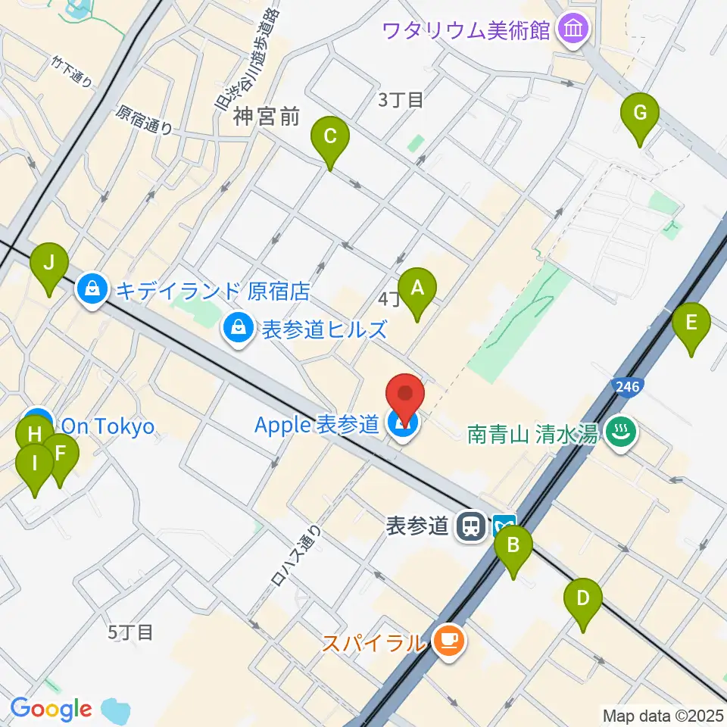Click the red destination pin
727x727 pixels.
(x=404, y=396)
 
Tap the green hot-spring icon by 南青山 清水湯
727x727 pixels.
(x=621, y=433)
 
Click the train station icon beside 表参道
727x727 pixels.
(x=474, y=525)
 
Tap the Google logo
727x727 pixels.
(x=51, y=709)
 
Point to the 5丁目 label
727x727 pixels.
(x=130, y=632)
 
